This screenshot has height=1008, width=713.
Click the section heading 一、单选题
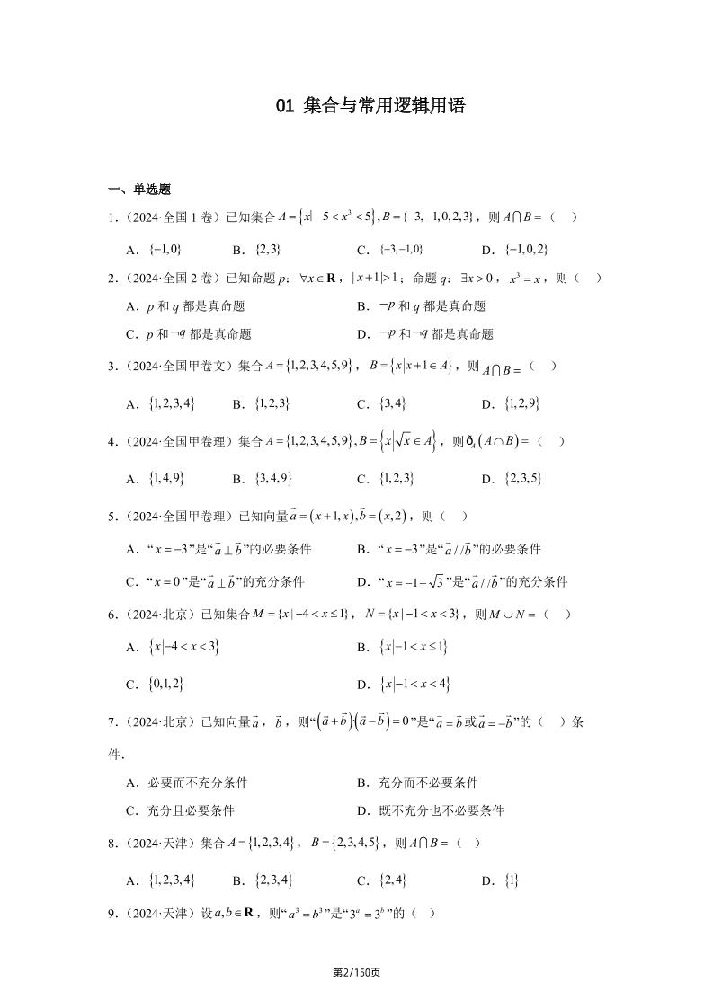tap(139, 189)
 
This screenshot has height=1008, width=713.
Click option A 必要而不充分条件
tap(187, 783)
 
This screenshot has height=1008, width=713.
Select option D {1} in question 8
tap(500, 880)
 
